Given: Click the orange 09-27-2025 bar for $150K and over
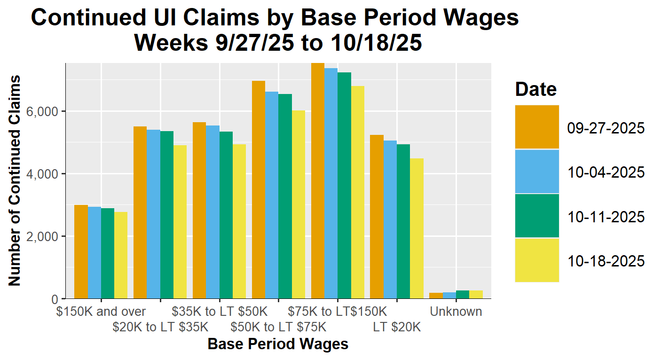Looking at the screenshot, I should (x=81, y=252).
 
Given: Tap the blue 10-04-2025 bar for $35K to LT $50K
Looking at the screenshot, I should (x=212, y=212).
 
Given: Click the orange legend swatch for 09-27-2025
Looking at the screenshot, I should (x=537, y=127).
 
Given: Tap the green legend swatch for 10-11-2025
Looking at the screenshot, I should (x=537, y=216).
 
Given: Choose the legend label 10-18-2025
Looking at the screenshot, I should (x=606, y=261).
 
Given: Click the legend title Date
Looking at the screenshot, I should (x=535, y=89).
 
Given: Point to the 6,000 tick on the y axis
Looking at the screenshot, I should (x=47, y=111).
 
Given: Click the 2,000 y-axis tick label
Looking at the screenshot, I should (x=47, y=236).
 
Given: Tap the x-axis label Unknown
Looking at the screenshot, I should (x=456, y=312).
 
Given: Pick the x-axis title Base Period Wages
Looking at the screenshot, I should (x=278, y=344).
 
